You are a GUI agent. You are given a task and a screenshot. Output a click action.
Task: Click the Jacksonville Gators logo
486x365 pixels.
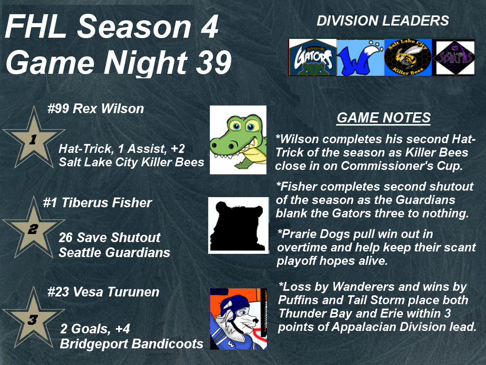313,57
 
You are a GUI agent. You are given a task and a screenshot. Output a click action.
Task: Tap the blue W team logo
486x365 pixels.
360,58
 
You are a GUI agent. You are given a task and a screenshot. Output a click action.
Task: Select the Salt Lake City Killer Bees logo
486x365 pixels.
408,58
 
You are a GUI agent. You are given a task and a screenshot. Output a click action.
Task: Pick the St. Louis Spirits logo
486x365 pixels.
454,58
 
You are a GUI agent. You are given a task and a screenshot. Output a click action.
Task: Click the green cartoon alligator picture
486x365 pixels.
238,140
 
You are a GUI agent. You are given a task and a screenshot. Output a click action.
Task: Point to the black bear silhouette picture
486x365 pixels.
239,225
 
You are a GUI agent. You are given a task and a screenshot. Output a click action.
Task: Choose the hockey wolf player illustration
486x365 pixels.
239,319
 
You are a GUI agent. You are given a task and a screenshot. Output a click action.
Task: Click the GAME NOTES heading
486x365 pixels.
384,118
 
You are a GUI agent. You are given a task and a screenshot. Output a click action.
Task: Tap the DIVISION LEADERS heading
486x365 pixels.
383,21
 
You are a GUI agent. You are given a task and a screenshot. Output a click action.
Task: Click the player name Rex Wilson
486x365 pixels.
108,109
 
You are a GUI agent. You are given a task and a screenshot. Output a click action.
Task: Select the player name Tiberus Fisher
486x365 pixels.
107,202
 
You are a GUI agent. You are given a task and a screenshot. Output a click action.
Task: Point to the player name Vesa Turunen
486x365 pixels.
116,292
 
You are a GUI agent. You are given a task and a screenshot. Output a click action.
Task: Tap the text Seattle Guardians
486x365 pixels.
114,252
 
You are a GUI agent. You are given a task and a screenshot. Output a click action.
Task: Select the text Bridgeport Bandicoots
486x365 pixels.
132,344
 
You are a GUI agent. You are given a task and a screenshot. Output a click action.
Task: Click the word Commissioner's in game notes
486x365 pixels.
387,165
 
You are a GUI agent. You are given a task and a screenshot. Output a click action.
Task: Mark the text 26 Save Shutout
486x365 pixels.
109,237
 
